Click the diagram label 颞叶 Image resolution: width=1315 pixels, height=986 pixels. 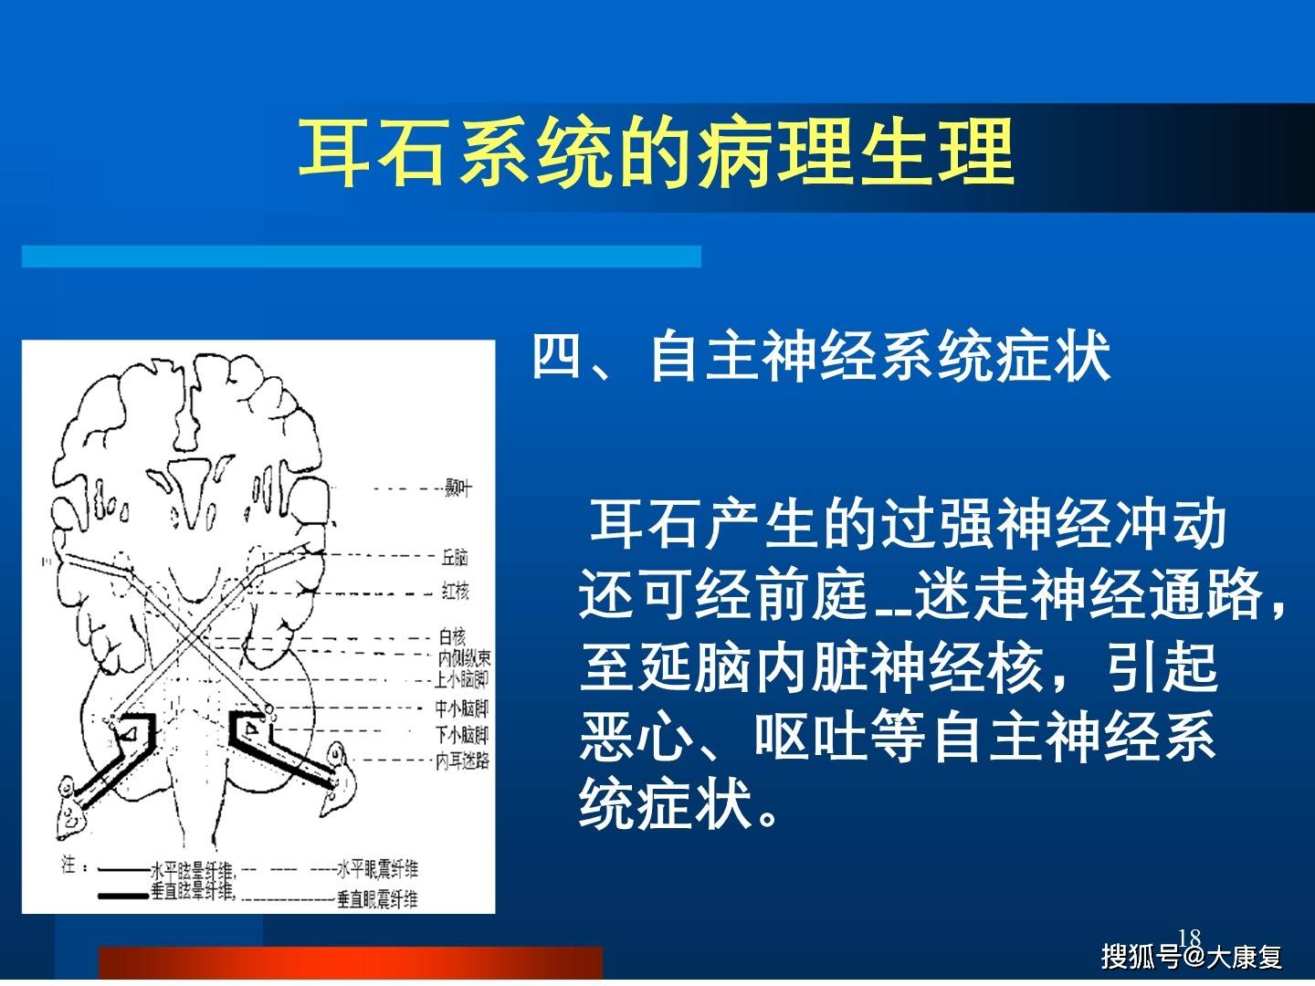458,488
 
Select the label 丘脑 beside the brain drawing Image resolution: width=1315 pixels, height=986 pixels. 455,557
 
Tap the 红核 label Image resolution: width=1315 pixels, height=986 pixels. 455,592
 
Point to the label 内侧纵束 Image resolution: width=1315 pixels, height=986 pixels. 464,658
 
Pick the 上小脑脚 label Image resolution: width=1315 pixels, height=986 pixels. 462,679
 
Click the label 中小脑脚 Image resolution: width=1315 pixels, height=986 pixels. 462,709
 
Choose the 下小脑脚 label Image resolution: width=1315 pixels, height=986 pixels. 462,735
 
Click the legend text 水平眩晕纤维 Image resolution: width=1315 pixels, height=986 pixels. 193,869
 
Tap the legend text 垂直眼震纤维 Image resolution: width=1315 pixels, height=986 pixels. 377,899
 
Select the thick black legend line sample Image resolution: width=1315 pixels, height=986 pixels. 122,895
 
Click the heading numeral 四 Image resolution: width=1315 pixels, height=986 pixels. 556,356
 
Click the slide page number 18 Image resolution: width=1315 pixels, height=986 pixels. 1189,938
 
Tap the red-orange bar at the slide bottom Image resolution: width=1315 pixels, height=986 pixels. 351,964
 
